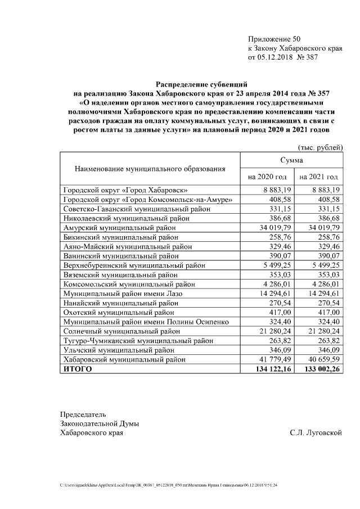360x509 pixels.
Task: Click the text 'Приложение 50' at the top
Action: coord(274,39)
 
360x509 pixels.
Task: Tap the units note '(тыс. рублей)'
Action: coord(320,147)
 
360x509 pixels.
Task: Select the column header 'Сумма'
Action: coord(291,161)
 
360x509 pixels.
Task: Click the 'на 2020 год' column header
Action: coord(265,177)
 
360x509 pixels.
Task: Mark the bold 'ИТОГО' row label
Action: coord(77,369)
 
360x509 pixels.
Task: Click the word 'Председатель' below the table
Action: coord(83,415)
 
